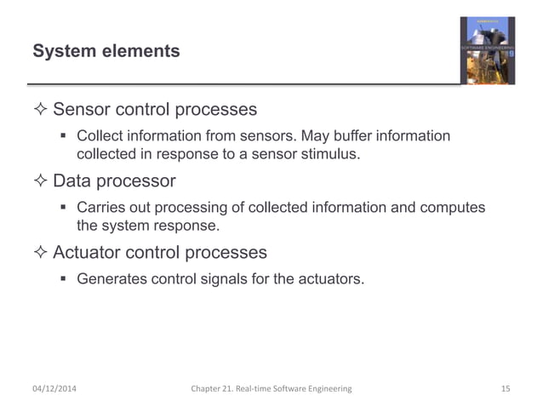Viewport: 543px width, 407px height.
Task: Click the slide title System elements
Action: click(x=106, y=52)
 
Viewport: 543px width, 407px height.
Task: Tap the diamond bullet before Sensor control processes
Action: click(x=40, y=111)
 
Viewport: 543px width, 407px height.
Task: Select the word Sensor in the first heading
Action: click(x=82, y=110)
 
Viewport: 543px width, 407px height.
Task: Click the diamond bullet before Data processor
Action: click(x=40, y=181)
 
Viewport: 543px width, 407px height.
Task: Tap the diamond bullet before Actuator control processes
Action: click(x=40, y=253)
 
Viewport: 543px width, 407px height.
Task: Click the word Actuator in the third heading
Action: click(x=88, y=253)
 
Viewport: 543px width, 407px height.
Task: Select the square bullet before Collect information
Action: click(x=65, y=136)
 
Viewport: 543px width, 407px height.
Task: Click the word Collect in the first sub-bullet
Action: click(x=100, y=136)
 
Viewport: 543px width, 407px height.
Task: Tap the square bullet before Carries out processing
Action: click(x=65, y=208)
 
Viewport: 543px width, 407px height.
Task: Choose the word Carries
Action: click(x=100, y=208)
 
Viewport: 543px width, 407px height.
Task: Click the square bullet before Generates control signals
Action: click(x=65, y=279)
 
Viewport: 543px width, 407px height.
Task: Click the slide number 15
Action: click(x=505, y=389)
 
